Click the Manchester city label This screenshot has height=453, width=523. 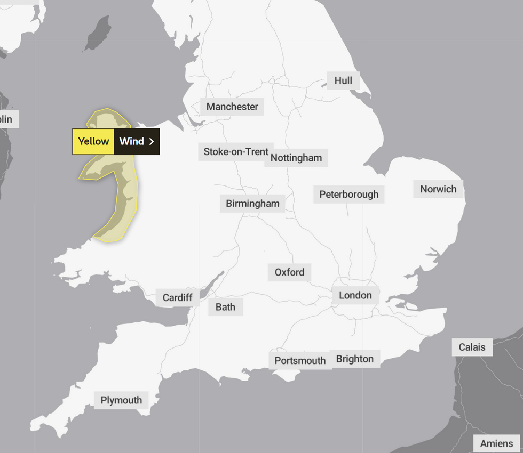pos(232,107)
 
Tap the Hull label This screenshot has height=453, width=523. pos(343,80)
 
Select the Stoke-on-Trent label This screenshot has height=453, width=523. pos(235,152)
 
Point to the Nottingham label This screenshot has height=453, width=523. pos(296,158)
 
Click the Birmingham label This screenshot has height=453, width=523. pos(252,204)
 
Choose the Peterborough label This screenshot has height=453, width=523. pos(348,195)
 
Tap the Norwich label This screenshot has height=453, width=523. pos(438,189)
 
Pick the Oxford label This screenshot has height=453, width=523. pos(289,272)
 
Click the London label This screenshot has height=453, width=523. pos(355,295)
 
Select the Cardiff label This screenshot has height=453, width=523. pos(177,297)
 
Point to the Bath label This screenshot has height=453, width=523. pos(225,307)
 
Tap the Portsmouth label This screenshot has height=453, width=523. pos(300,361)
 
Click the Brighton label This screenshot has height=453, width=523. pos(355,359)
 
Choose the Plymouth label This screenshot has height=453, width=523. pos(121,400)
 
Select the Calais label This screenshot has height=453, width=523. pos(472,347)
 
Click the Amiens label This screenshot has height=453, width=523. pos(496,443)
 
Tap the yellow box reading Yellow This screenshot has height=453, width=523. pos(93,141)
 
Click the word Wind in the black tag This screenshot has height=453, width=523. pos(131,141)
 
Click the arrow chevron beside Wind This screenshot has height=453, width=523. pos(152,141)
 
